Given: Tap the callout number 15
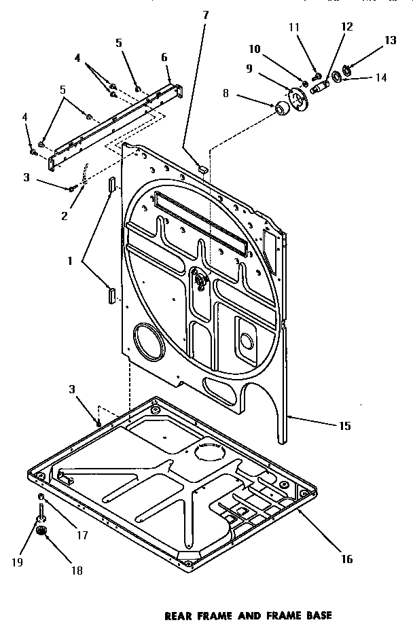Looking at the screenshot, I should (344, 426).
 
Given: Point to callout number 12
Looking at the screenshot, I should (347, 26).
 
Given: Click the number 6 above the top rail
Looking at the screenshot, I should (164, 58).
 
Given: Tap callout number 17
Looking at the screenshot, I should (82, 534).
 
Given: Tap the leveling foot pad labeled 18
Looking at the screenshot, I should (42, 530).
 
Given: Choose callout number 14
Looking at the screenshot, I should (381, 77).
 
